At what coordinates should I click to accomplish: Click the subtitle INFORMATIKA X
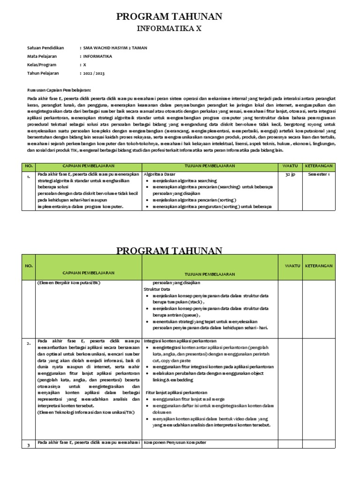[169, 29]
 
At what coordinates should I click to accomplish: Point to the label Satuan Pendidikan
[45, 48]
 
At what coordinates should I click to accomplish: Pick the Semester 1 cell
[319, 174]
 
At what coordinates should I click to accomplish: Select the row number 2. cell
[29, 343]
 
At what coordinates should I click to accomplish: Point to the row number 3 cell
[28, 445]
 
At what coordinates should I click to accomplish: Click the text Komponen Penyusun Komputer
[175, 442]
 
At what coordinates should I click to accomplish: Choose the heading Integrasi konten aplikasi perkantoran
[180, 340]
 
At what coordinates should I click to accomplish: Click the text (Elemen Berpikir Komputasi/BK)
[69, 283]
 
